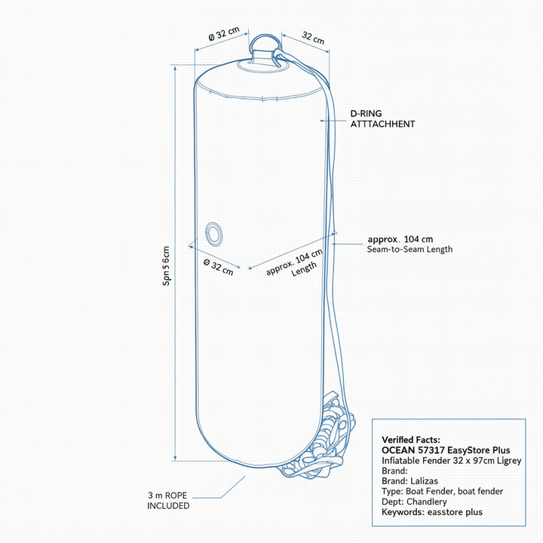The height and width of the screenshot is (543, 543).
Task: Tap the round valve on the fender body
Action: [213, 234]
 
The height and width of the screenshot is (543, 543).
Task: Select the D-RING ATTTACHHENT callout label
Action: [382, 119]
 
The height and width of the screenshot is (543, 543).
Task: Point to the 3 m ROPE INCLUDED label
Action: [168, 501]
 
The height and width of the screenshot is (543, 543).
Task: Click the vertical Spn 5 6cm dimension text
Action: [166, 266]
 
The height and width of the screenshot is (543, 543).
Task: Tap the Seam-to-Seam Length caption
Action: [410, 250]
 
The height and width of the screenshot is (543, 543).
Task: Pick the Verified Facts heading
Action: [411, 440]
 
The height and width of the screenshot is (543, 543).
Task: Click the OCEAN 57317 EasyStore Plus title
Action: [446, 450]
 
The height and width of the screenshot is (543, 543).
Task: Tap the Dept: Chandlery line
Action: [414, 502]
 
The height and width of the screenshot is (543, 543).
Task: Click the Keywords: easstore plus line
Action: [432, 512]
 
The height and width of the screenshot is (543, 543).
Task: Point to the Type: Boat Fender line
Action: [442, 492]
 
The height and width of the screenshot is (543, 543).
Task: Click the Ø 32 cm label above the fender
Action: [224, 34]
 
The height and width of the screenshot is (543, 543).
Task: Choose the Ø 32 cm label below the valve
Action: [219, 267]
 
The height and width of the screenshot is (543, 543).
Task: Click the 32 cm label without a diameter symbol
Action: [313, 38]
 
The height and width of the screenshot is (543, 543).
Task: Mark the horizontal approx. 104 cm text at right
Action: [400, 239]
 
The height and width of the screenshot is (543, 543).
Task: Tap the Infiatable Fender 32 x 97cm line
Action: [451, 461]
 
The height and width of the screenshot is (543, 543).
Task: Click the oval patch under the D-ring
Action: [263, 66]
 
